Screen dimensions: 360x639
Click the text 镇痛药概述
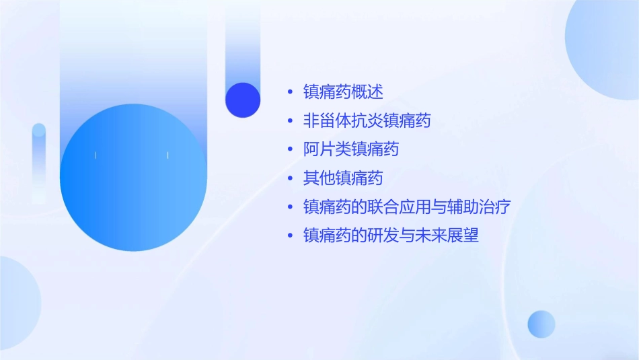(x=343, y=92)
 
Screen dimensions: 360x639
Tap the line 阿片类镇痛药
(x=351, y=149)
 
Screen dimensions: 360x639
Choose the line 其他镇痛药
(x=343, y=178)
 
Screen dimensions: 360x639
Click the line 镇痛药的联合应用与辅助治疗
(x=407, y=207)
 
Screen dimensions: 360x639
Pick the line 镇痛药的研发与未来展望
(x=391, y=236)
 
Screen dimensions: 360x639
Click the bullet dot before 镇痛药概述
(x=289, y=92)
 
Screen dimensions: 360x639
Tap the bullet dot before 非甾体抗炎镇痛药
(x=289, y=121)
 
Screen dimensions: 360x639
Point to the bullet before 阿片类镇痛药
(x=289, y=149)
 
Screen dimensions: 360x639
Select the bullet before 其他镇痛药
(x=289, y=179)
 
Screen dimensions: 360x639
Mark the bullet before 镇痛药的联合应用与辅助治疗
(x=289, y=207)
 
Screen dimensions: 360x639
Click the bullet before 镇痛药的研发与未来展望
(x=289, y=236)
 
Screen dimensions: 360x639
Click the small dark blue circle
(x=243, y=100)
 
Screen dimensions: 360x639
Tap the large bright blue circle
(x=133, y=178)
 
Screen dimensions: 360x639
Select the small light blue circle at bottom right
(x=541, y=324)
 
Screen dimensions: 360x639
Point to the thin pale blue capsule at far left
(x=39, y=161)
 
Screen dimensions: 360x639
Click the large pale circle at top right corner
(x=605, y=47)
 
